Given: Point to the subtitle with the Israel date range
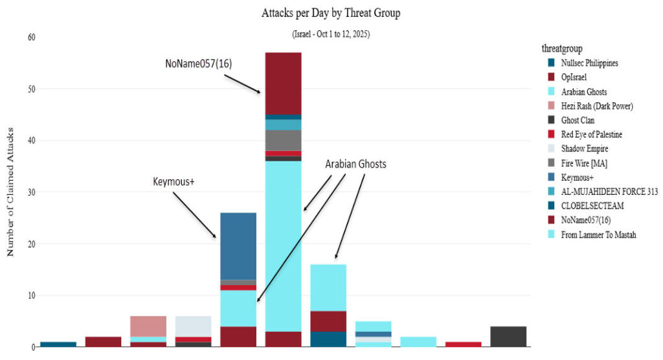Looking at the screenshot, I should click(x=330, y=34).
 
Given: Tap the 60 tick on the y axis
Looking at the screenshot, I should click(x=31, y=37).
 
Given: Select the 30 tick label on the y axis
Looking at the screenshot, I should click(x=31, y=192).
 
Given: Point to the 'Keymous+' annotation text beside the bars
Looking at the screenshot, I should click(x=173, y=183).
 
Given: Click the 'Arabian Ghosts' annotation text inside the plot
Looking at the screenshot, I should click(x=355, y=164).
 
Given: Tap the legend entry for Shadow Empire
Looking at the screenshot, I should click(x=585, y=149).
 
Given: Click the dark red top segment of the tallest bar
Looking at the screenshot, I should click(x=284, y=83).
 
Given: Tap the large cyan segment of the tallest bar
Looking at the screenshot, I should click(x=284, y=246).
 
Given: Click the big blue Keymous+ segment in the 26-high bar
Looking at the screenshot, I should click(x=238, y=246).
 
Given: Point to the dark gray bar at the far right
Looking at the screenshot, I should click(x=508, y=337).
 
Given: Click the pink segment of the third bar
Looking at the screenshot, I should click(x=148, y=326).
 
